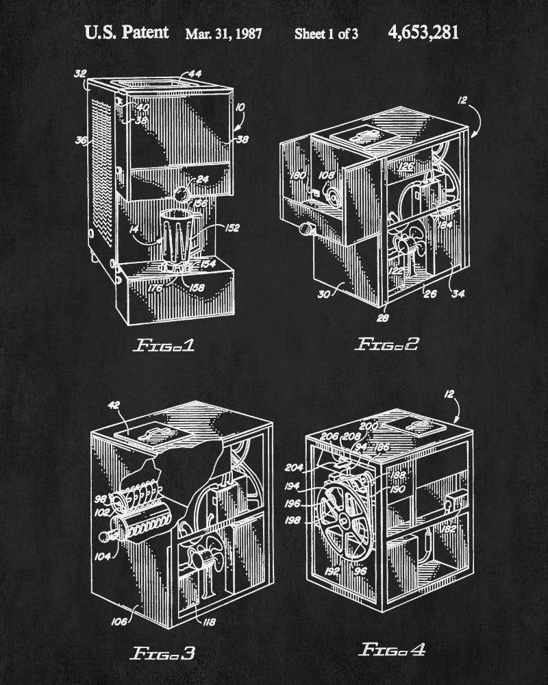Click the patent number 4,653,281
423,32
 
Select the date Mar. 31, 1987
223,34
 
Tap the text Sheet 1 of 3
326,34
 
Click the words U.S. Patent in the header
125,32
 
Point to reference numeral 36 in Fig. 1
82,141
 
